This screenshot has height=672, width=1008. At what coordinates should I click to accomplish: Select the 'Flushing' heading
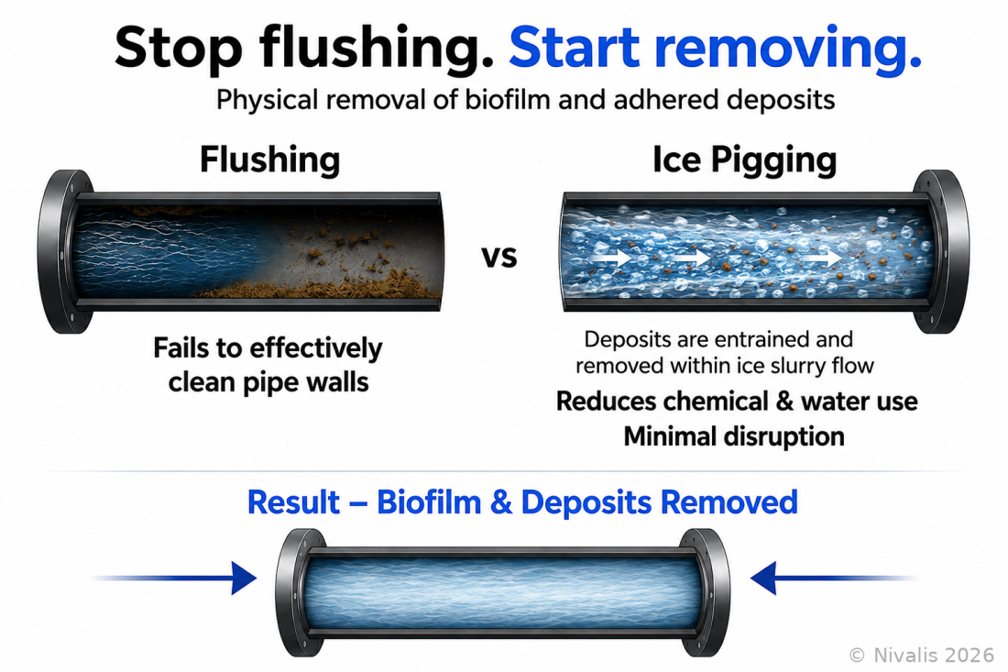coord(269,160)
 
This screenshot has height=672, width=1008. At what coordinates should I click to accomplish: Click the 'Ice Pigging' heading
coord(744,160)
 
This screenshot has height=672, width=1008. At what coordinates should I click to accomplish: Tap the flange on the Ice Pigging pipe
coord(941,251)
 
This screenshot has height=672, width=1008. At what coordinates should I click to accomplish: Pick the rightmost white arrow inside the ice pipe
coord(824,258)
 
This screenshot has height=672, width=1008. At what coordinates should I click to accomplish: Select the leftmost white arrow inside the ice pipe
coord(613,258)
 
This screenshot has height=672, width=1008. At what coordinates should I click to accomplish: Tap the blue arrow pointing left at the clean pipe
coord(833,578)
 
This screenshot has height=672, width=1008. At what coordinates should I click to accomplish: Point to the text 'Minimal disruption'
coord(734,436)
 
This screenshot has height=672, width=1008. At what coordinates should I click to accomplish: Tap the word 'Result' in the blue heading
coord(293,502)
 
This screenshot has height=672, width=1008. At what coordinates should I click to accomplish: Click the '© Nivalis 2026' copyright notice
coord(922,655)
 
